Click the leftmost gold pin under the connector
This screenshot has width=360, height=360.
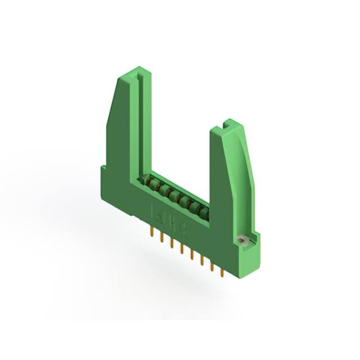point(152,232)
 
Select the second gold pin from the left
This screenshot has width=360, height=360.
point(162,238)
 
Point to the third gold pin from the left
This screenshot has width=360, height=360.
point(172,245)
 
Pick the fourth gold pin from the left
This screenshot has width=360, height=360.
point(182,250)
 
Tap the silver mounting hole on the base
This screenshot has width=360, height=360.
point(243,240)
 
